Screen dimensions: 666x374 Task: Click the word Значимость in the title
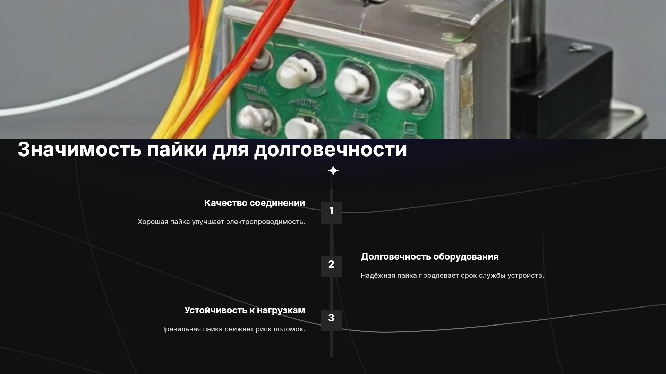point(79,150)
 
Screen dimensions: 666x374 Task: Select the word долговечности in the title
point(331,150)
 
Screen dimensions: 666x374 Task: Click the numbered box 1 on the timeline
point(331,213)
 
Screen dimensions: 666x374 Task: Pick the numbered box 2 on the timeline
point(331,266)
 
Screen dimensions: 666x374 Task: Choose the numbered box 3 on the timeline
point(331,320)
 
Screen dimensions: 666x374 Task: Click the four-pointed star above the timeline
point(333,171)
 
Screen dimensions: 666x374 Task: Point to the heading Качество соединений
point(255,203)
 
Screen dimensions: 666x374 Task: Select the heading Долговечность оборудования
point(430,257)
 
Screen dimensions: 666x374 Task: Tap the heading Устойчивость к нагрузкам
point(245,310)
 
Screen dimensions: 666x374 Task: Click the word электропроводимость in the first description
point(265,222)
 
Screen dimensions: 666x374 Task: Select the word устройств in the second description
point(525,275)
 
